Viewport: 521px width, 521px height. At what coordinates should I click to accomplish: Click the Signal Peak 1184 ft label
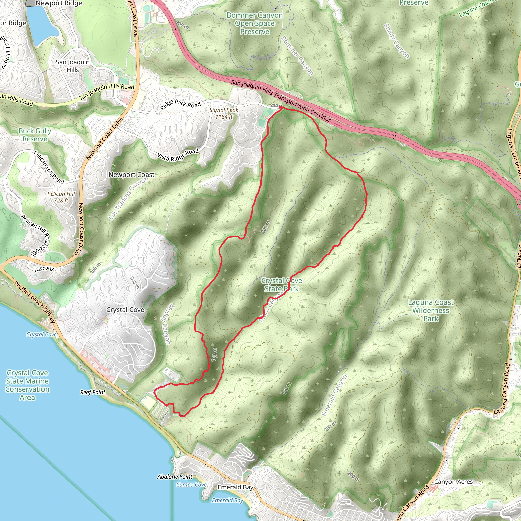pos(224,113)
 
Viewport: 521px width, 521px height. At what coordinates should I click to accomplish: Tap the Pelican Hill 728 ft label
pos(61,197)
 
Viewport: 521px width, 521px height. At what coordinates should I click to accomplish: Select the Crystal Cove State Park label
pos(281,285)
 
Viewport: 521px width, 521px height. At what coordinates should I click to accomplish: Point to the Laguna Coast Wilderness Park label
pos(431,310)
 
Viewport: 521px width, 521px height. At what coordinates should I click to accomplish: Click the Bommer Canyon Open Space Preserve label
pos(255,23)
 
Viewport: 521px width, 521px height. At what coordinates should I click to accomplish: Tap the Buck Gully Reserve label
pos(35,135)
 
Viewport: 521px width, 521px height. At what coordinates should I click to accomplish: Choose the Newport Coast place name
pos(131,175)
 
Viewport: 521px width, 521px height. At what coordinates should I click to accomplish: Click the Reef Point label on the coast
pos(93,392)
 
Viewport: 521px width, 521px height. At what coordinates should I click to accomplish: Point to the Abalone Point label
pos(175,476)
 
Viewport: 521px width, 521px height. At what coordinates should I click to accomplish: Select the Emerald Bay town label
pos(235,487)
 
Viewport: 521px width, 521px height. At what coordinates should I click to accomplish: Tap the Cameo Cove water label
pos(191,485)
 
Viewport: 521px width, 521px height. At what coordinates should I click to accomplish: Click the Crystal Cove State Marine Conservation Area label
pos(27,385)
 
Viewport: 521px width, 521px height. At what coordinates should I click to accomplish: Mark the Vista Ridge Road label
pos(178,155)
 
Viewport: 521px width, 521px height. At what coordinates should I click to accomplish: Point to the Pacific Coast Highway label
pos(35,302)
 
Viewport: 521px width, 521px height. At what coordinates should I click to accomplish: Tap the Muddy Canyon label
pos(166,324)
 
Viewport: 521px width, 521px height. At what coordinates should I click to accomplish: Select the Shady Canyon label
pos(396,41)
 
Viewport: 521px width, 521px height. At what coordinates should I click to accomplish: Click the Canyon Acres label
pos(453,482)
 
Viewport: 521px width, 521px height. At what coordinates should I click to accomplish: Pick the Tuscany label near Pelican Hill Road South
pos(44,269)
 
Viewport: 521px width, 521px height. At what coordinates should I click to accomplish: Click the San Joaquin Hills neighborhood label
pos(73,66)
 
